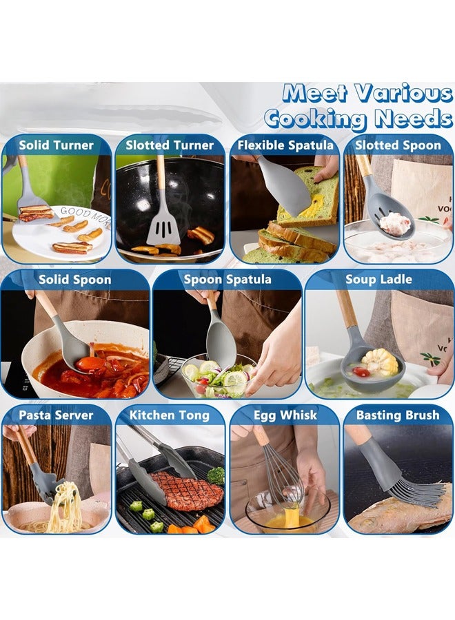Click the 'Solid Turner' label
pyautogui.click(x=56, y=145)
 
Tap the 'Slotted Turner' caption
pyautogui.click(x=170, y=145)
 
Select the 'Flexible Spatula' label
pyautogui.click(x=285, y=145)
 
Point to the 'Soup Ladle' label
pyautogui.click(x=379, y=280)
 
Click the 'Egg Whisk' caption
pyautogui.click(x=285, y=415)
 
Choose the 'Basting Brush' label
pyautogui.click(x=398, y=415)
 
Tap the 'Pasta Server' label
pyautogui.click(x=56, y=415)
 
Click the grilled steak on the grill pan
pyautogui.click(x=186, y=491)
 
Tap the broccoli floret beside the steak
pyautogui.click(x=216, y=475)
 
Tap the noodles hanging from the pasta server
pyautogui.click(x=65, y=506)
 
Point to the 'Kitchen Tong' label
pyautogui.click(x=170, y=415)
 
